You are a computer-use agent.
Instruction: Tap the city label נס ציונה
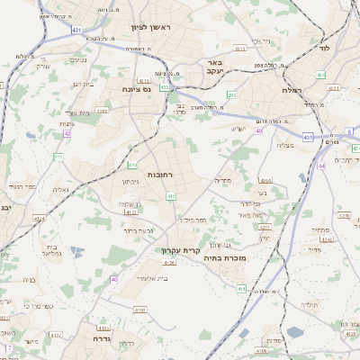142,90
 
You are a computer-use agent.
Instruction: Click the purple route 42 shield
67,133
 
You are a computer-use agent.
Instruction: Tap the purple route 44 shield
321,166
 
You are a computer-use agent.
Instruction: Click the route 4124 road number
39,218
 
